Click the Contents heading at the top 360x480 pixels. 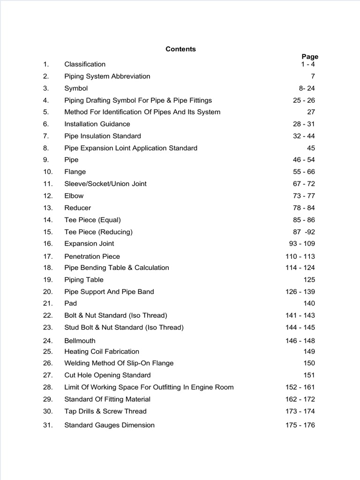pos(180,49)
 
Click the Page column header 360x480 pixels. pos(310,57)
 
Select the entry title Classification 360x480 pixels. pos(85,64)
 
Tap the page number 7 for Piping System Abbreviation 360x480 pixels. pos(313,76)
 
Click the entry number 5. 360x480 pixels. pos(46,112)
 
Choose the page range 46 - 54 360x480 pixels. pos(304,160)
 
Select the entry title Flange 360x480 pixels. pos(75,172)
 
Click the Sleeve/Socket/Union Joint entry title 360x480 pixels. pos(105,184)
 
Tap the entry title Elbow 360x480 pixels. pos(74,196)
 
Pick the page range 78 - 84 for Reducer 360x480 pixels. pos(304,208)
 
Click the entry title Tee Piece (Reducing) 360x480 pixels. pos(98,232)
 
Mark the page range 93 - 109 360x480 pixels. pos(302,244)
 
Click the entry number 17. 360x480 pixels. pos(48,256)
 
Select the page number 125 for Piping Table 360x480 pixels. pos(309,280)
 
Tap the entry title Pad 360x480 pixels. pos(70,303)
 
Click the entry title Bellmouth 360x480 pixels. pos(80,341)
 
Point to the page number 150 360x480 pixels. pos(309,363)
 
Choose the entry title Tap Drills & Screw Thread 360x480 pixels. pos(105,412)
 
